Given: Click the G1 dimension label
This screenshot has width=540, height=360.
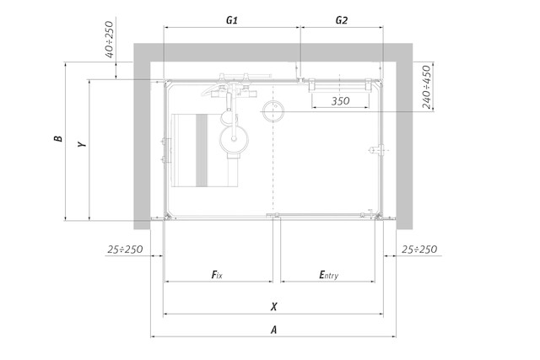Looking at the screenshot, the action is [232, 20].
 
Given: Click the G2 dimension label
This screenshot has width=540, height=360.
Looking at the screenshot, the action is [341, 20].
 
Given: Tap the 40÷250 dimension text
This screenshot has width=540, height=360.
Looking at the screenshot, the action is [109, 40].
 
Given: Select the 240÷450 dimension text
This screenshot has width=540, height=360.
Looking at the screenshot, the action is [426, 87].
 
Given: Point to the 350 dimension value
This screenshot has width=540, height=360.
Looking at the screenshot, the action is [340, 101].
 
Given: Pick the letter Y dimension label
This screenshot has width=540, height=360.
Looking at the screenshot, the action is [82, 144].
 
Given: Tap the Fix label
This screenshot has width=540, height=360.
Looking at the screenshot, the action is [217, 275].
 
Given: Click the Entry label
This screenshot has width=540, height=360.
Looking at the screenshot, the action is [328, 275].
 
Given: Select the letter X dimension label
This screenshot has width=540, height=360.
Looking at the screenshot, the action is [273, 307].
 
